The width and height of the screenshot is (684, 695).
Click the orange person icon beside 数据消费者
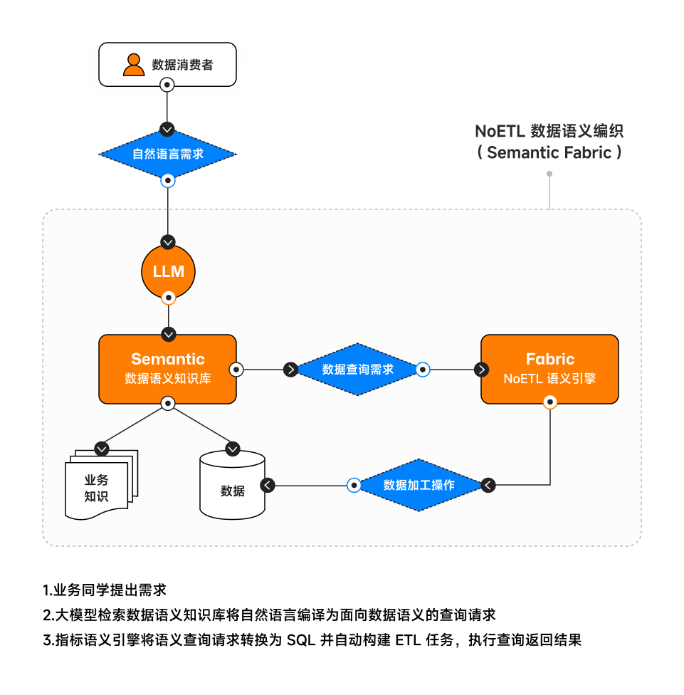[134, 64]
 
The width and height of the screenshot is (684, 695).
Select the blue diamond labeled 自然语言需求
[167, 154]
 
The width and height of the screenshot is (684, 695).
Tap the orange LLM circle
[168, 271]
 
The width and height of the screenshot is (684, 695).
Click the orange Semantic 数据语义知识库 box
[167, 368]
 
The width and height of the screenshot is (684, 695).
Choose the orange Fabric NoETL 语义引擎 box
[549, 368]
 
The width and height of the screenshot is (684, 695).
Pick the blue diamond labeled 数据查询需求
[357, 370]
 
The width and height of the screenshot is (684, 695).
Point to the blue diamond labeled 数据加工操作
[419, 486]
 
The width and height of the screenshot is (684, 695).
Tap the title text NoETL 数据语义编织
[549, 132]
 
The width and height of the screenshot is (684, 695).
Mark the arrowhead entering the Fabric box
[482, 370]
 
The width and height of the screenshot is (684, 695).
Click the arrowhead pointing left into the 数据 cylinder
[267, 486]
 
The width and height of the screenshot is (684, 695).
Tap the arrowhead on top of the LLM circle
[168, 242]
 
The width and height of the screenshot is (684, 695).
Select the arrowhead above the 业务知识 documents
[102, 449]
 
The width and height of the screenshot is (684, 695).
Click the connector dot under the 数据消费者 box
[167, 85]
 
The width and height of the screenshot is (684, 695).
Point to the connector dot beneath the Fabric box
[549, 403]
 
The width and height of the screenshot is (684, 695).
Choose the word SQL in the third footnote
[301, 639]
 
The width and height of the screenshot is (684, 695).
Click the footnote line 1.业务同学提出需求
[105, 590]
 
